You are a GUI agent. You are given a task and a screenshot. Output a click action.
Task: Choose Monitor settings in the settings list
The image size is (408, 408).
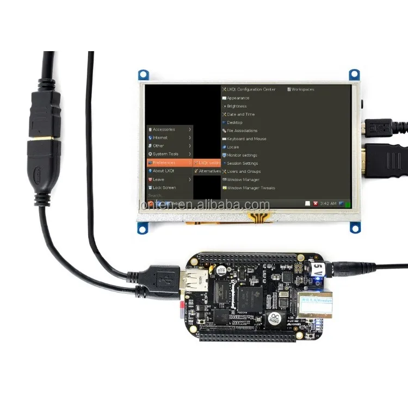click(242, 155)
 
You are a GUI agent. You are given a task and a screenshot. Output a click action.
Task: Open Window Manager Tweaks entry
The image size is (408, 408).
click(250, 188)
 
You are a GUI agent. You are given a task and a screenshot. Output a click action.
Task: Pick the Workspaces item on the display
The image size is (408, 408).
click(302, 89)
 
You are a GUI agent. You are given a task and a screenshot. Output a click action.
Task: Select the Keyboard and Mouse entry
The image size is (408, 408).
click(246, 139)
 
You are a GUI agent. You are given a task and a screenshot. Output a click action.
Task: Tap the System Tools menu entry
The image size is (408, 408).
click(165, 154)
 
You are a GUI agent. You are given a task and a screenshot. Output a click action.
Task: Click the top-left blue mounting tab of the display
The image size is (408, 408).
click(143, 74)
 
